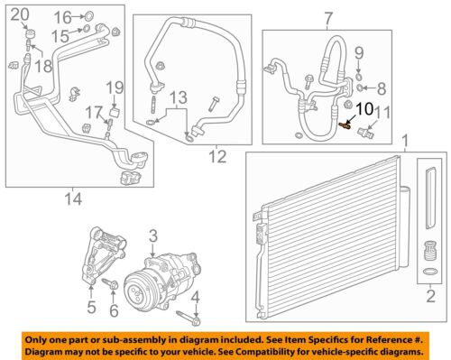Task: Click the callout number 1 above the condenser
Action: (x=405, y=142)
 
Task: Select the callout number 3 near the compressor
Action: (x=153, y=236)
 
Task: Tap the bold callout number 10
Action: (x=364, y=109)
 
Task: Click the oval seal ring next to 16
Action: (x=88, y=16)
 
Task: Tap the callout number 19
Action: (x=115, y=87)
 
